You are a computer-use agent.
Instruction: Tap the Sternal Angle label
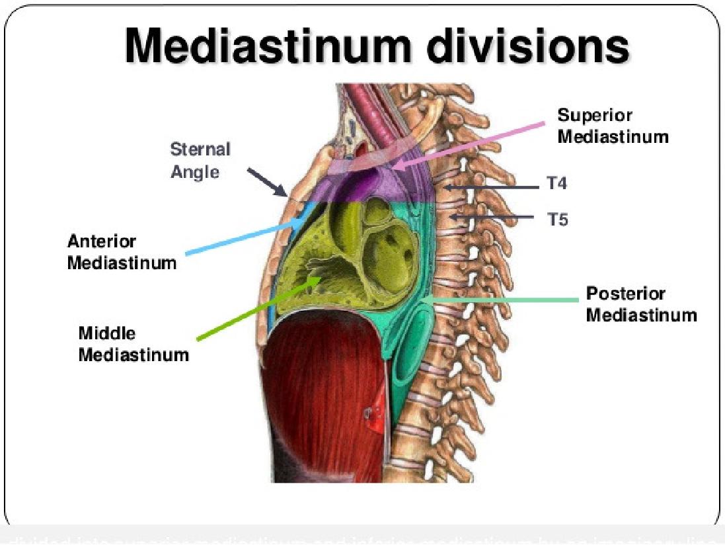tap(201, 160)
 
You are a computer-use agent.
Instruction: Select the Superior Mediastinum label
tap(613, 126)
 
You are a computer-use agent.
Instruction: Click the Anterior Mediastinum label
tap(122, 251)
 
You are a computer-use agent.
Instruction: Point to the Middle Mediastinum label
tap(133, 343)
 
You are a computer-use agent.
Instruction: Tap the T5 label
tap(557, 219)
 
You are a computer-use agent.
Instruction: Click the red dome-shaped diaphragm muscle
tap(317, 397)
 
